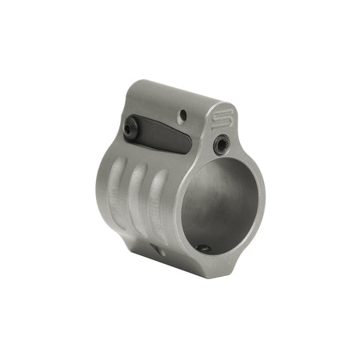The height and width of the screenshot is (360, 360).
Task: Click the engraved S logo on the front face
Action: (x=223, y=120)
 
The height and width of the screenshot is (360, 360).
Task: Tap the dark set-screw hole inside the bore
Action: (x=204, y=248)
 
